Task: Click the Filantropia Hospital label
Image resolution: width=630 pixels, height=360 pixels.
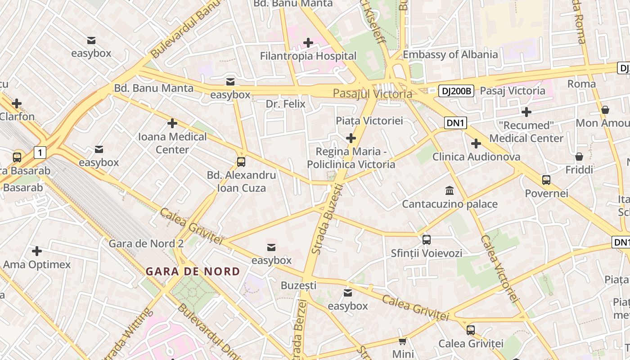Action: pos(308,56)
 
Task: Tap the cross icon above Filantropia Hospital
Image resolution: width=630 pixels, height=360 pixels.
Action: pos(308,43)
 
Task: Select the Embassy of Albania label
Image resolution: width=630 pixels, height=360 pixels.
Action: pos(450,55)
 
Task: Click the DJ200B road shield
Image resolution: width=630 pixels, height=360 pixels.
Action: pos(456,91)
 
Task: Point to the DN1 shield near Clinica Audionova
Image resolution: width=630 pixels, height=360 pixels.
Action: pos(455,123)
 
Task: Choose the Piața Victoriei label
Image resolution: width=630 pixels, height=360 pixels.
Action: pos(369,121)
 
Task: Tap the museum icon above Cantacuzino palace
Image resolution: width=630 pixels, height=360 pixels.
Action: pos(449,190)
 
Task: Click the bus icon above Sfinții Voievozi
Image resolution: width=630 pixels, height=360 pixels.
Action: pos(427,239)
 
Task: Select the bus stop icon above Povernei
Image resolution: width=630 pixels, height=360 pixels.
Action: pos(546,180)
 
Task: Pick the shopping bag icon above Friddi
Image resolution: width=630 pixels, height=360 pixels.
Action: pos(579,157)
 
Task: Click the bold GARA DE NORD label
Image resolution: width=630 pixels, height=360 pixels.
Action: pos(193,272)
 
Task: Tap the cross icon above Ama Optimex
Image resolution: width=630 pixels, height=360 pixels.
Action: pos(37,251)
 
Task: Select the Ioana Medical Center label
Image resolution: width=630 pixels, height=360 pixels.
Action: pos(172,143)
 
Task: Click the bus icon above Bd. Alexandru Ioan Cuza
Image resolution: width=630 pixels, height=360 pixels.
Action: pos(241,162)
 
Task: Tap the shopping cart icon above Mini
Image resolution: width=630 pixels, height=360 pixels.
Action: pos(403,341)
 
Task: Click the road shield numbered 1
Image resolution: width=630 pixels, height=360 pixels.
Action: pos(40,153)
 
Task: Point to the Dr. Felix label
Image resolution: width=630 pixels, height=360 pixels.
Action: pos(285,104)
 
